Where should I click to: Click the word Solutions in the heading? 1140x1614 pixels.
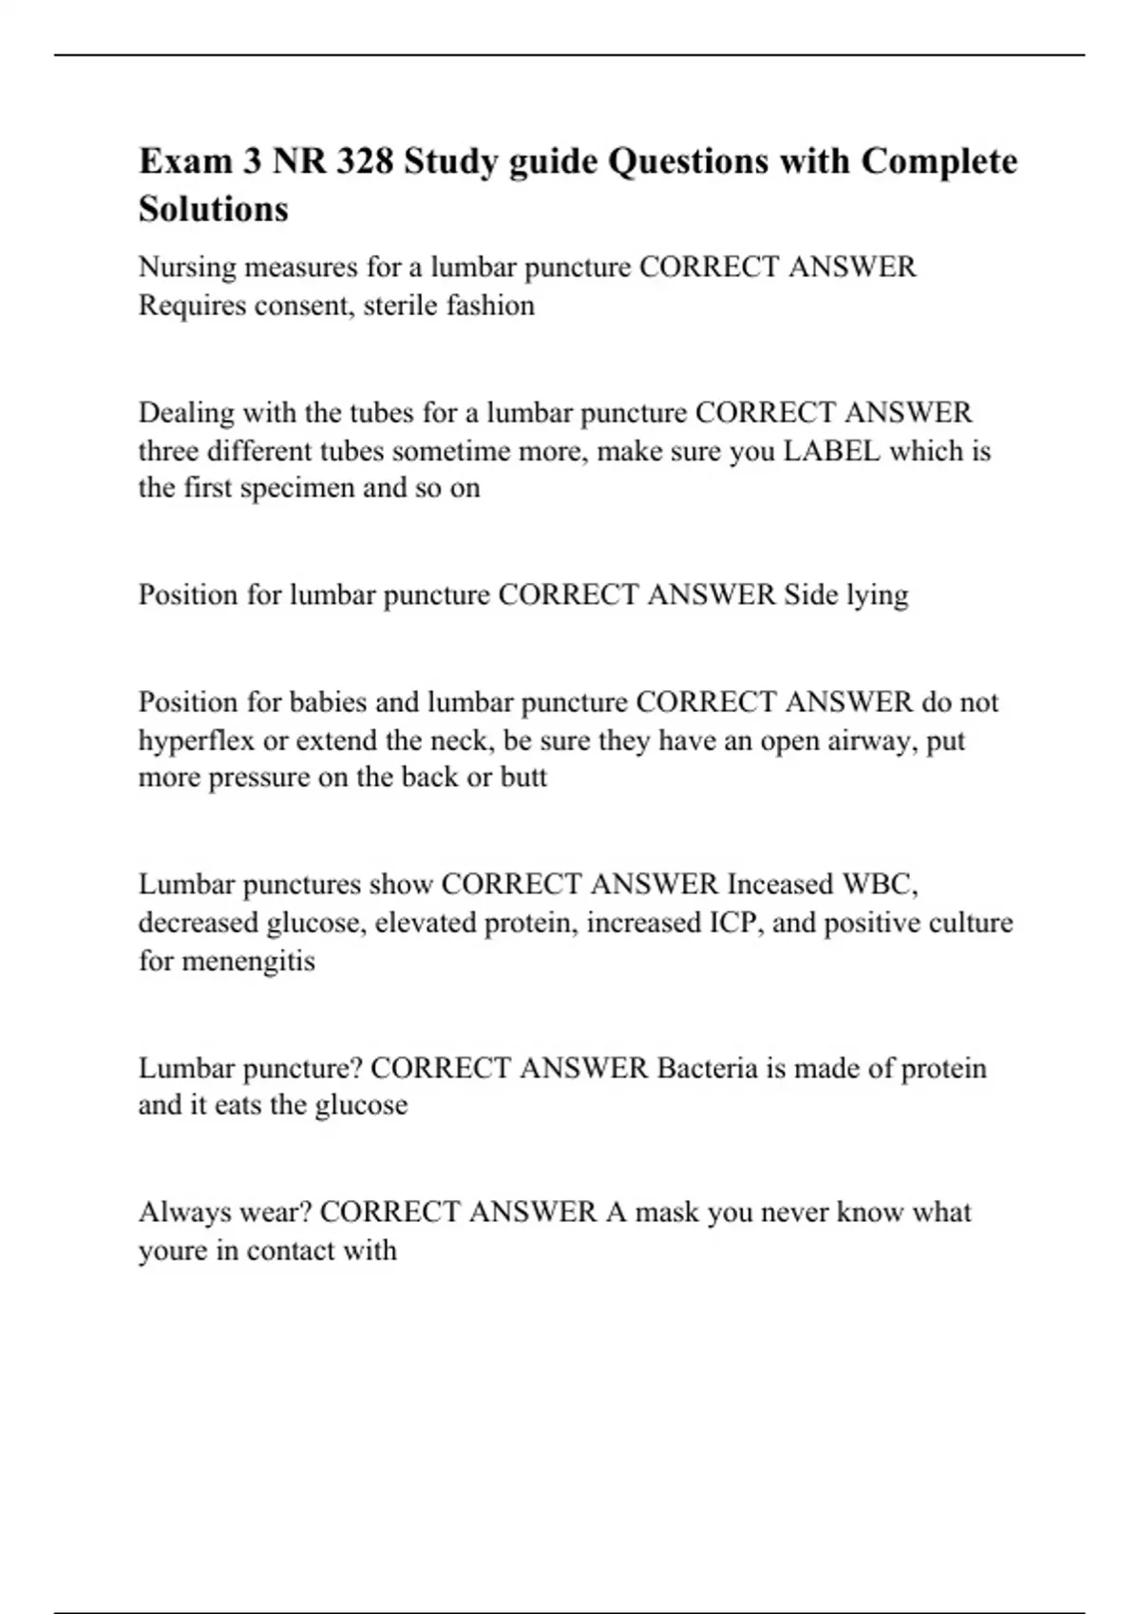click(213, 209)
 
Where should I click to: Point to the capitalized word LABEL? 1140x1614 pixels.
click(831, 451)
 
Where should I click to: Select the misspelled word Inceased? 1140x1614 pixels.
click(779, 885)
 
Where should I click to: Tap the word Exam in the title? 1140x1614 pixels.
click(185, 161)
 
